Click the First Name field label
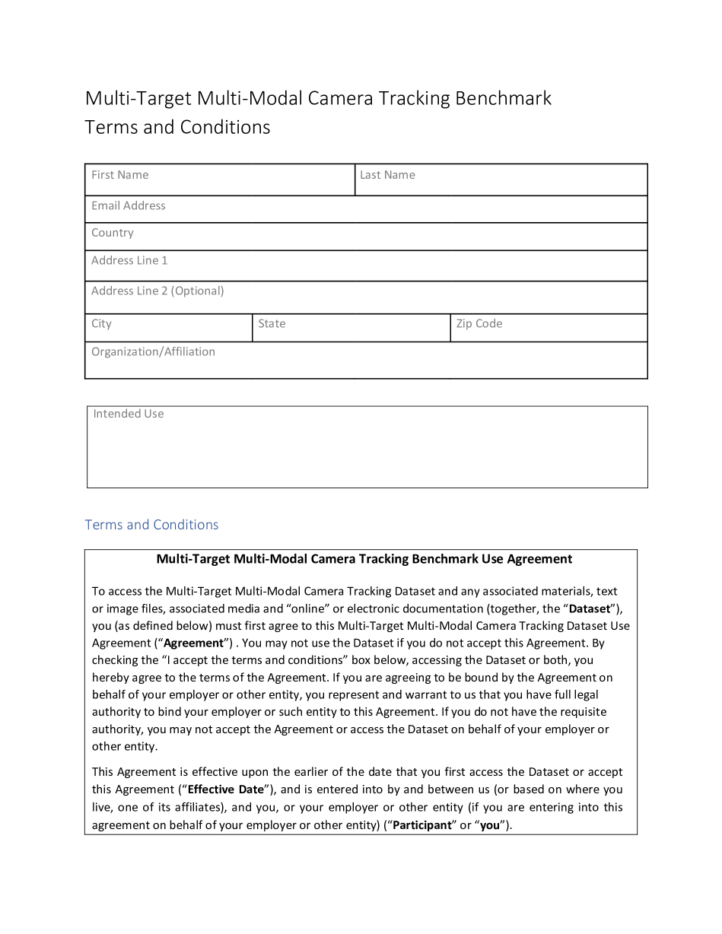119,175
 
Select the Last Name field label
387,175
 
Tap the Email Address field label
128,205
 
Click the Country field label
112,233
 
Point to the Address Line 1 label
129,260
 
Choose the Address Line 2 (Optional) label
157,291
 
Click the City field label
101,323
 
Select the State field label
272,323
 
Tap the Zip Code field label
479,323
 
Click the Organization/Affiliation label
153,351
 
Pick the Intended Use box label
128,414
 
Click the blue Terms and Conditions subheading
151,525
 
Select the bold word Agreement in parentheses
193,643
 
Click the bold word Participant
421,824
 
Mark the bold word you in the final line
490,824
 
